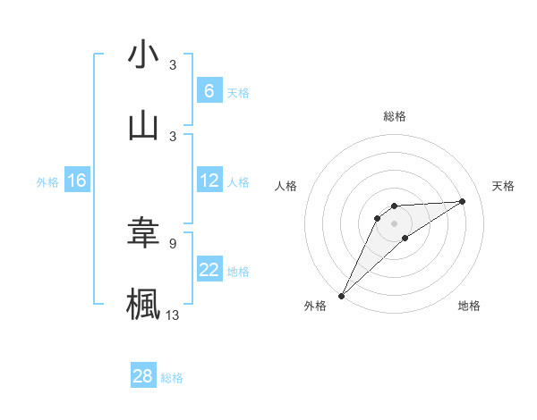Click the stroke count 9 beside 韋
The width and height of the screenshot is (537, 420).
(173, 242)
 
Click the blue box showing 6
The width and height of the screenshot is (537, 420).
(209, 90)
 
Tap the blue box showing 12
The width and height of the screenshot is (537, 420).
(209, 181)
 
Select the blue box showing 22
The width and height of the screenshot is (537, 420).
(209, 270)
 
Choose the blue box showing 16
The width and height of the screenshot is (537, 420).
(77, 181)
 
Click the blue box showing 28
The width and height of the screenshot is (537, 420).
(143, 376)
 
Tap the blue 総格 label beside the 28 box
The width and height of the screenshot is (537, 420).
(172, 378)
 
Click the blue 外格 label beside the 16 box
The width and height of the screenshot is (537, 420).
(47, 182)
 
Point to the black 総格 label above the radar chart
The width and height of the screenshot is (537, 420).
(394, 116)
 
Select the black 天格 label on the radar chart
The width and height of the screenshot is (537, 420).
(504, 186)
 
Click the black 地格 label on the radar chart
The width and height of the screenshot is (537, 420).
(469, 306)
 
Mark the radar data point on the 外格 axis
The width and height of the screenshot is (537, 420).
(341, 296)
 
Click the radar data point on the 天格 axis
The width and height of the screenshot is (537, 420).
(463, 201)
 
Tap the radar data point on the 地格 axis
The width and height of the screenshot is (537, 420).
(405, 238)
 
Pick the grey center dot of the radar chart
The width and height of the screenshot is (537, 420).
(394, 223)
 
